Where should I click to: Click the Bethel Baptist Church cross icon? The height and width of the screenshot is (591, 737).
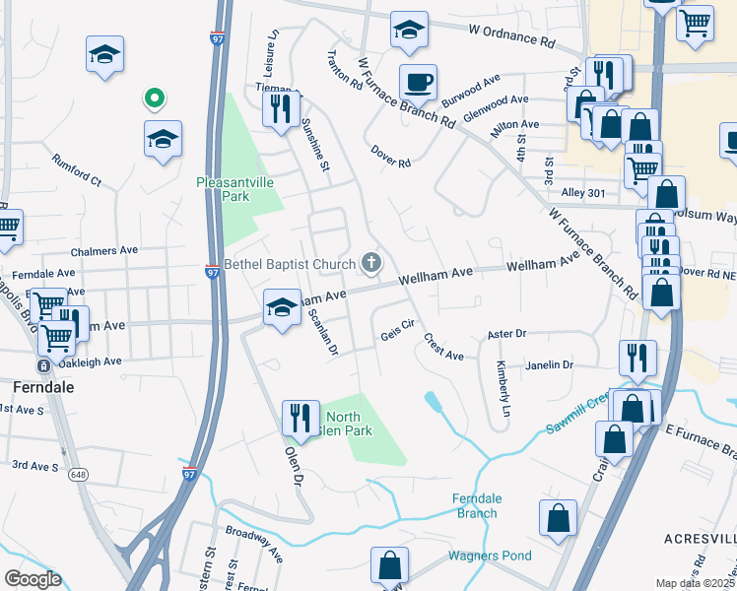coord(371,262)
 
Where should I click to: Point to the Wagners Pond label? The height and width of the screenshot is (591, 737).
coord(490,556)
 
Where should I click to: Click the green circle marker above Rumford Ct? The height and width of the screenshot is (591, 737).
coord(153,98)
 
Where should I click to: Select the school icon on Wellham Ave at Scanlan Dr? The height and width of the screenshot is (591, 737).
coord(282,308)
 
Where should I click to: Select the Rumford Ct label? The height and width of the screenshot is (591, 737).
coord(77,169)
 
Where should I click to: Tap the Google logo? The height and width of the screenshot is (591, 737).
coord(33,579)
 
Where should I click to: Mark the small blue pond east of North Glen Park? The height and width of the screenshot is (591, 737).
coord(433,401)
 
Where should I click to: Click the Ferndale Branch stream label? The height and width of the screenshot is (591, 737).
coord(476,505)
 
